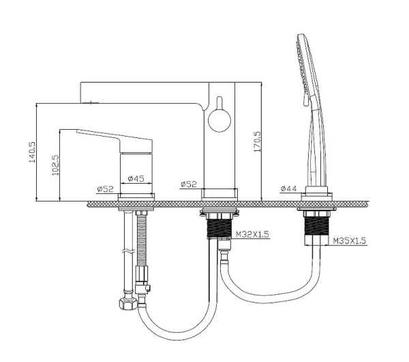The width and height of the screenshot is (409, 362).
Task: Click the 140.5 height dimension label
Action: [32, 152]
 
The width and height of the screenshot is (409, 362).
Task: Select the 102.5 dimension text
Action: [56, 165]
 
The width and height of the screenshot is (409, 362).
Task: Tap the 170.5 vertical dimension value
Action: [257, 141]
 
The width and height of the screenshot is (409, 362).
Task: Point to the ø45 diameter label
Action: [136, 178]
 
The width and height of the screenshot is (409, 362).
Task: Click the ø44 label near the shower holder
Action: [289, 189]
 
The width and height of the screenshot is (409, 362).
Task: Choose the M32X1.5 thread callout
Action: [252, 234]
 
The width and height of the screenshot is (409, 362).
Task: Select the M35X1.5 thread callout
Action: [350, 240]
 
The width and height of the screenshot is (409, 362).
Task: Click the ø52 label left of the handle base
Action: [106, 189]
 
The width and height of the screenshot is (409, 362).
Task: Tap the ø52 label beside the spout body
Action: [189, 184]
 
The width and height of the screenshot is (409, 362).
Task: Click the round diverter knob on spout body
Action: [219, 120]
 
